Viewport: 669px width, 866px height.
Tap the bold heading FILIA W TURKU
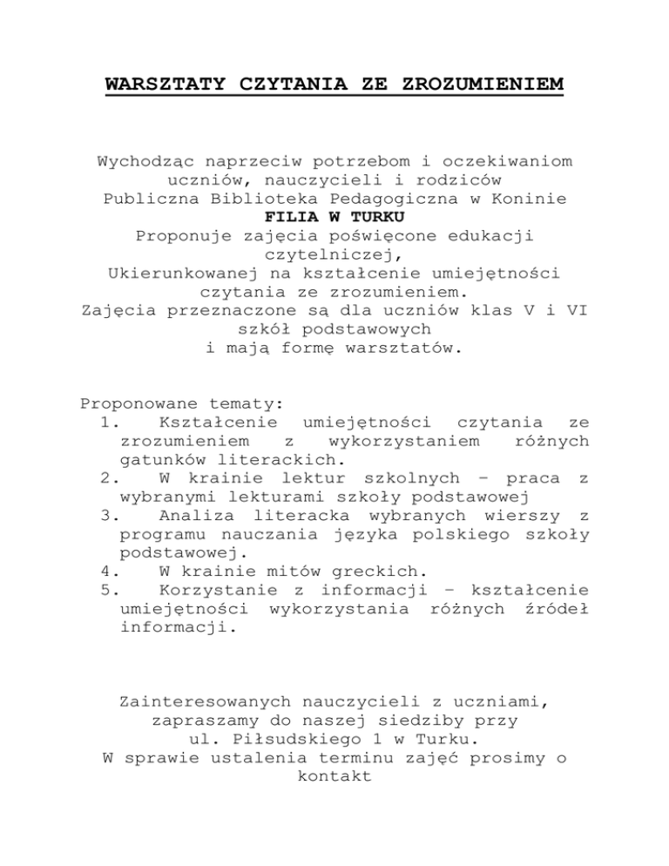(334, 217)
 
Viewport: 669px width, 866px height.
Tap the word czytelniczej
(334, 254)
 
